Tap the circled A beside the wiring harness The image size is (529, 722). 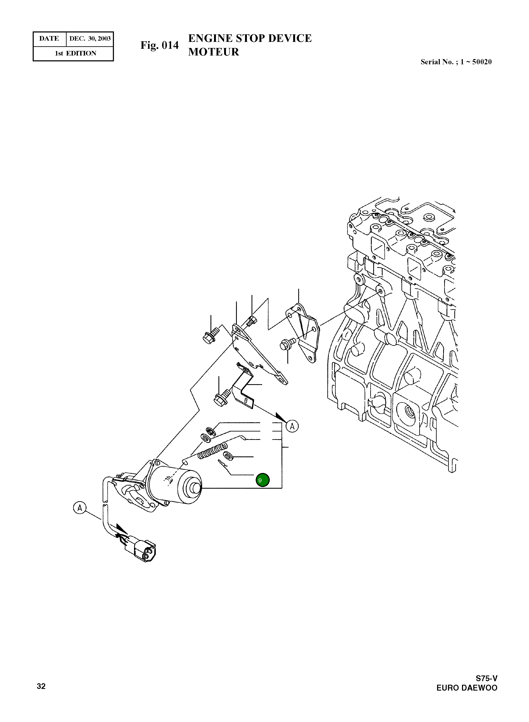point(79,508)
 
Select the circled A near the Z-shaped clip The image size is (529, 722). point(292,426)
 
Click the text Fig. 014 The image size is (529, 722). point(159,45)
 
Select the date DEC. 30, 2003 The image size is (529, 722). point(90,39)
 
